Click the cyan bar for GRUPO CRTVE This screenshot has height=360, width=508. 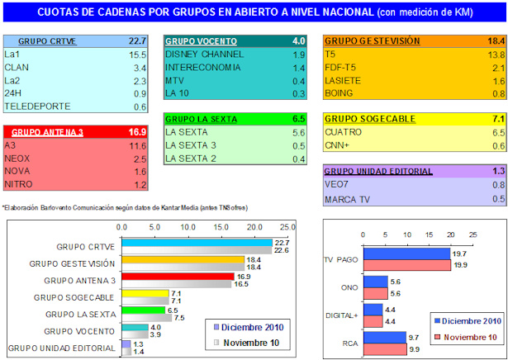point(197,242)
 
